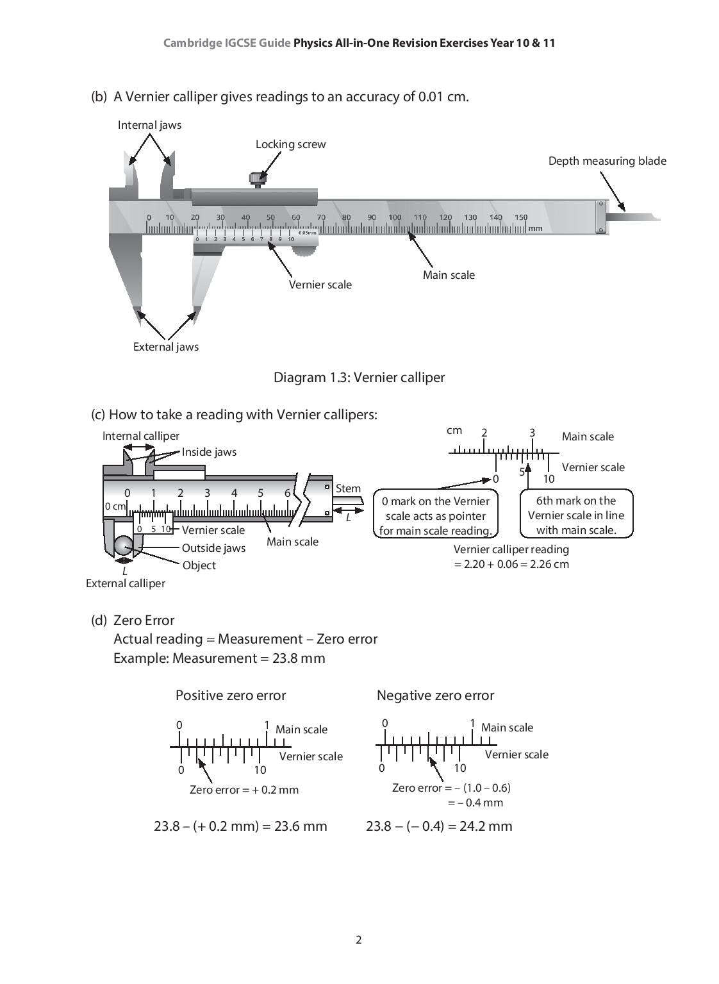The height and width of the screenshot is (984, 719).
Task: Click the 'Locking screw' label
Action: tap(290, 144)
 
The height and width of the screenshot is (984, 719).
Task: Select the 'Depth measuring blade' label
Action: tap(607, 161)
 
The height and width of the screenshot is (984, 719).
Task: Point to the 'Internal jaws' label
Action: tap(149, 125)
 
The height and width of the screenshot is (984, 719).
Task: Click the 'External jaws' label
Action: tap(165, 347)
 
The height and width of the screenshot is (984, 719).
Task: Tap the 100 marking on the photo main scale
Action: tap(395, 217)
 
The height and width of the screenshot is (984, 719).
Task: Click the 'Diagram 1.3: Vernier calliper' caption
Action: tap(359, 377)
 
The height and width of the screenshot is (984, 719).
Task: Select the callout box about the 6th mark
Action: tap(575, 515)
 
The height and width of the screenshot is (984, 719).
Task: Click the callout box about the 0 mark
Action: tap(435, 515)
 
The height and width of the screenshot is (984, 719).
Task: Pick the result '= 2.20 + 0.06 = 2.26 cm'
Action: tap(511, 564)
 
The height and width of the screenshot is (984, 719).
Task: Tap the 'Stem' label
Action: tap(348, 488)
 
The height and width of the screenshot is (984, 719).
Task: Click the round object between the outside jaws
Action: tap(124, 546)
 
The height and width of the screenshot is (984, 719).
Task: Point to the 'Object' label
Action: tap(199, 565)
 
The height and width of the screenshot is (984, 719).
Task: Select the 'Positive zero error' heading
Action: tap(231, 696)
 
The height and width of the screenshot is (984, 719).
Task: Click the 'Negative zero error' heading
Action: tap(435, 696)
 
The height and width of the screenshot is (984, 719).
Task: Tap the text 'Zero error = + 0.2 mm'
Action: tap(244, 790)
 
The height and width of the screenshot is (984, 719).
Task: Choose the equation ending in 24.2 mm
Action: tap(439, 826)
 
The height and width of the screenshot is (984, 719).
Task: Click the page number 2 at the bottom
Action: tap(359, 940)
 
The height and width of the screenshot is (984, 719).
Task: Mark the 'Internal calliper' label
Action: tap(140, 436)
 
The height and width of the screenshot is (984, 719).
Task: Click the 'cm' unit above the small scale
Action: tap(454, 430)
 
